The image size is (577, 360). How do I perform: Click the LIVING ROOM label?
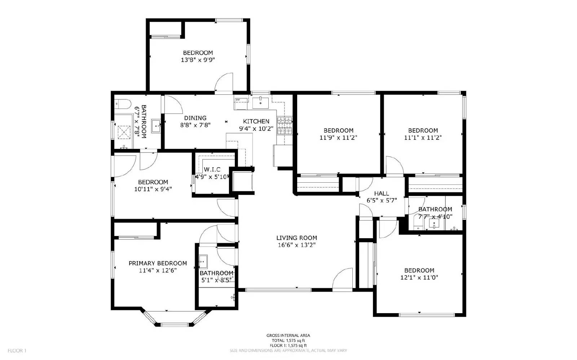pos(296,238)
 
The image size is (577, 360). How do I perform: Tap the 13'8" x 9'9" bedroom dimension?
pos(198,60)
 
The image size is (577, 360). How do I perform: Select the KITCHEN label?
pos(256,121)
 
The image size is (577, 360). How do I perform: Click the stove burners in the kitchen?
pos(285,125)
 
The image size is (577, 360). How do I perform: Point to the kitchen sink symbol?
pos(260,102)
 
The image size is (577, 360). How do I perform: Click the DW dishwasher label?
pos(238,100)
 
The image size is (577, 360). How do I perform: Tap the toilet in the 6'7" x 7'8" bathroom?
pos(119,104)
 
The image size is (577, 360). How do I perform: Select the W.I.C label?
pos(212,169)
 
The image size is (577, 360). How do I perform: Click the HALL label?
pos(381,194)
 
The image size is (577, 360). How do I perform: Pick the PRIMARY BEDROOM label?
pos(158,263)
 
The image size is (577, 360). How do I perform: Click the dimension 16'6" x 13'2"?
pos(296,245)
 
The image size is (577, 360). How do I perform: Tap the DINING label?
pos(195,118)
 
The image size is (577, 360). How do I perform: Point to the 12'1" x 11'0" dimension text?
pos(419,277)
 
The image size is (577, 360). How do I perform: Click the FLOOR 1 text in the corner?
pos(17,350)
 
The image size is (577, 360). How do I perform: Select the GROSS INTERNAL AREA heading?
pos(288,335)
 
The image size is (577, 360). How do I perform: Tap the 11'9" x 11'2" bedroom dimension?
pos(338,138)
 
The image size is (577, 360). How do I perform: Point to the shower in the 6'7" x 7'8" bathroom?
pos(124,132)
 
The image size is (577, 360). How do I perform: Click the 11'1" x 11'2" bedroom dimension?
pos(423,138)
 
